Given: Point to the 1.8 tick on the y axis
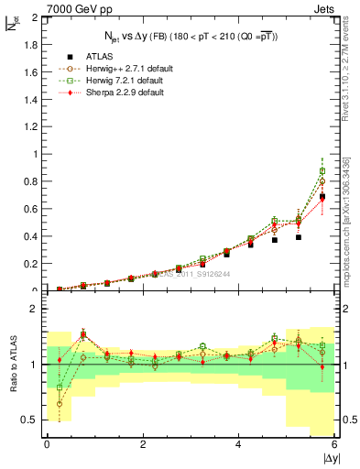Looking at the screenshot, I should (x=33, y=45).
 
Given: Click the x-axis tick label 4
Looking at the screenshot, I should (x=238, y=444).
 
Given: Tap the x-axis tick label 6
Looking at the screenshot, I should (x=334, y=444).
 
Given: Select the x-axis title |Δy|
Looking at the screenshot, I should (x=330, y=458).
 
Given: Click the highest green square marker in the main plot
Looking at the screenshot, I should (x=322, y=171).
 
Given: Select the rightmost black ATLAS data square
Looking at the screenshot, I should (x=322, y=197).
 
